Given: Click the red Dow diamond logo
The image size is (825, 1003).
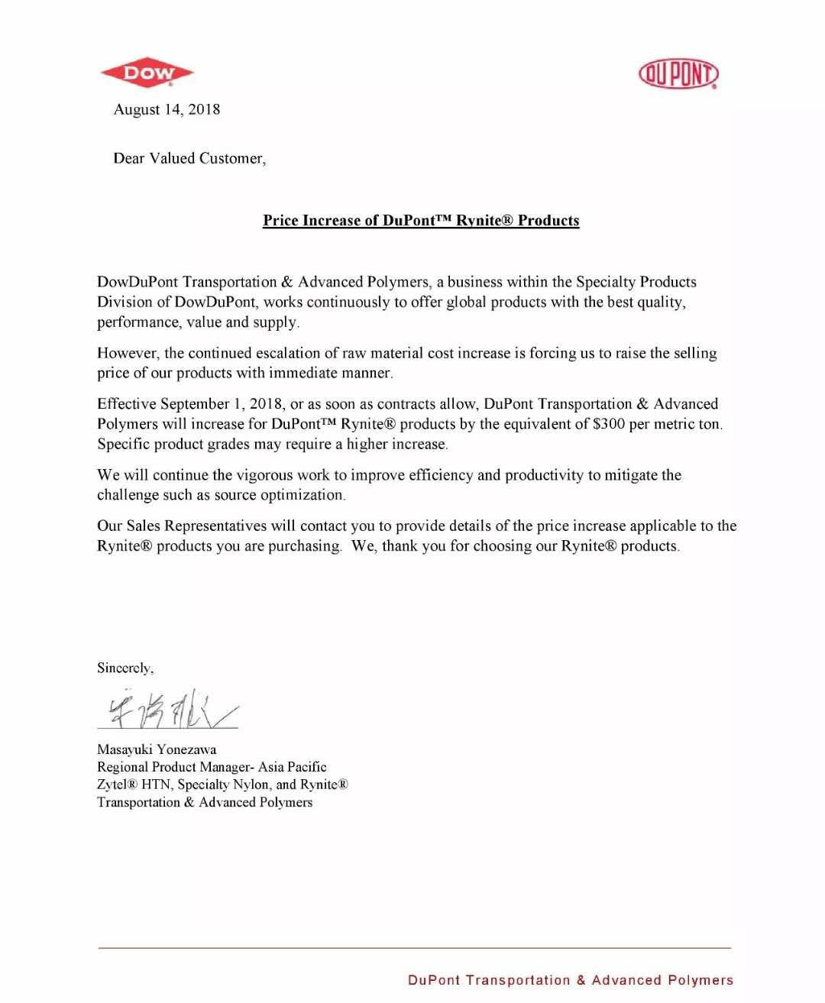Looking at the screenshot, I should click(x=147, y=73).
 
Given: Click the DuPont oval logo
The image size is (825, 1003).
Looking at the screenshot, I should click(x=678, y=74).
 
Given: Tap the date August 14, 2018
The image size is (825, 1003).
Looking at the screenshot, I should click(x=167, y=109).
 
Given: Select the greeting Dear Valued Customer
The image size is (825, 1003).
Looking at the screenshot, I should click(x=189, y=158).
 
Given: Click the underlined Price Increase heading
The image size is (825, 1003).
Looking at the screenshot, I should click(x=421, y=221).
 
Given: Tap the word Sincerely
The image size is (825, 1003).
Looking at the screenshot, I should click(x=125, y=668).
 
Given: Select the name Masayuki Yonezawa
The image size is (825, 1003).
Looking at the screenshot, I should click(x=157, y=749).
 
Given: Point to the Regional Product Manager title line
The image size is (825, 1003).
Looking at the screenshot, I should click(x=212, y=767).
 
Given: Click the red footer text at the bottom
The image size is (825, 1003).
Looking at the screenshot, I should click(x=570, y=980).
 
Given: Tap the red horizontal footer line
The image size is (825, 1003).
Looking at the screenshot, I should click(x=414, y=948).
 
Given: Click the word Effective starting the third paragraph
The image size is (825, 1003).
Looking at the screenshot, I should click(x=126, y=404).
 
